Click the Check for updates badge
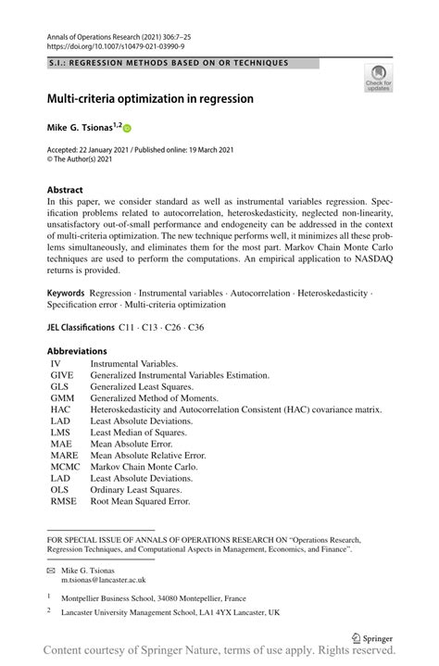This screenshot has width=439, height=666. click(378, 79)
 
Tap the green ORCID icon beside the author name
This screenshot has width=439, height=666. click(127, 129)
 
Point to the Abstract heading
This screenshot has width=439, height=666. click(68, 190)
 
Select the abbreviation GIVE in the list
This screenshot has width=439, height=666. click(63, 375)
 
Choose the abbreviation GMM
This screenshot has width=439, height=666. click(63, 397)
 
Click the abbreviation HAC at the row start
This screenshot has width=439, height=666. click(61, 408)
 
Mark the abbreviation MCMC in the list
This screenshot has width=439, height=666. click(66, 467)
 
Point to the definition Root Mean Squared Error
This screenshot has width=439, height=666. click(140, 501)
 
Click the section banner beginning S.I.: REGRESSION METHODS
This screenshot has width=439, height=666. click(168, 62)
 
